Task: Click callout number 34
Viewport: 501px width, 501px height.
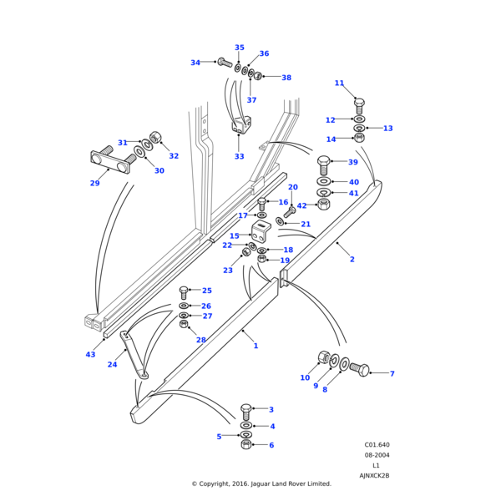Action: (195, 63)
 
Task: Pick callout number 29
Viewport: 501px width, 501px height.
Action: (94, 184)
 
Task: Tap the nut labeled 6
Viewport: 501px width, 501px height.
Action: (245, 445)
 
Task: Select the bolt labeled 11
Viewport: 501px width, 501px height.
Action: (359, 105)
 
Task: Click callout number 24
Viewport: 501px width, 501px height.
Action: (112, 364)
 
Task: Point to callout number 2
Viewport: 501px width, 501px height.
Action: (352, 260)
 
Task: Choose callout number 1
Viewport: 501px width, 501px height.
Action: (256, 346)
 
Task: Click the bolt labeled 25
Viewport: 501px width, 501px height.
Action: (184, 292)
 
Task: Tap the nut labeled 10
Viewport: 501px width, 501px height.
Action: (324, 357)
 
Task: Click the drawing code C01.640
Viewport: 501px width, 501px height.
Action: (377, 445)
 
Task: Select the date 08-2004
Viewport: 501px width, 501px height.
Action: (377, 455)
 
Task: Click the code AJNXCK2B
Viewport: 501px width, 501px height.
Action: (374, 476)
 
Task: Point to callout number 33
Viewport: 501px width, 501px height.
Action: (240, 157)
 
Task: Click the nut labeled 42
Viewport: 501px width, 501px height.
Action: (324, 204)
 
